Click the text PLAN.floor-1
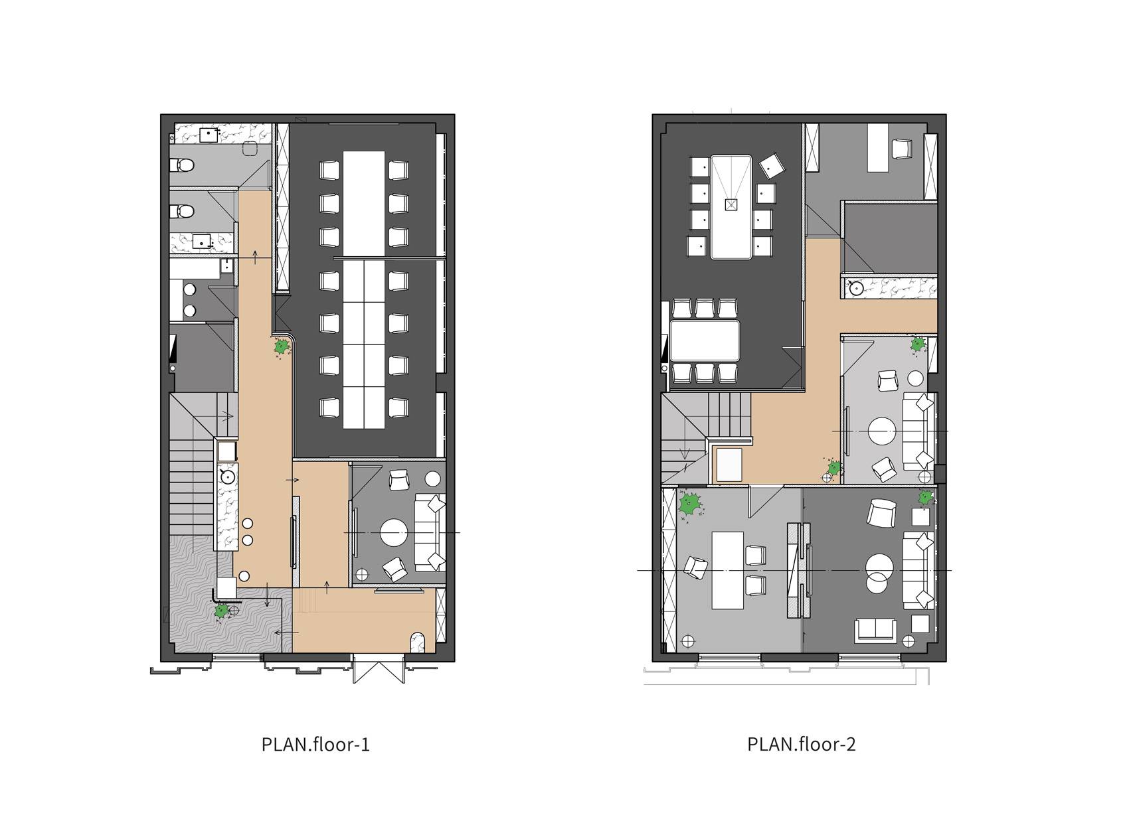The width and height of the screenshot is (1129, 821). (315, 745)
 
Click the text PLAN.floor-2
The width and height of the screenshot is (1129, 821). (802, 744)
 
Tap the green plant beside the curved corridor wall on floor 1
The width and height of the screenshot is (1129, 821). (282, 347)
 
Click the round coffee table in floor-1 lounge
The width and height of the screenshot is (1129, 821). (394, 532)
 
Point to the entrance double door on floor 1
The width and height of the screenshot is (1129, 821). (379, 669)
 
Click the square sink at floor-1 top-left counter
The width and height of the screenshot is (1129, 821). (209, 135)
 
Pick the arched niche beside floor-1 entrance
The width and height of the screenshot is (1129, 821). (418, 642)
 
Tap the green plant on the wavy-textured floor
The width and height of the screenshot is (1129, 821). (221, 611)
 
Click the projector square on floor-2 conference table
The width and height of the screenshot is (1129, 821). (731, 204)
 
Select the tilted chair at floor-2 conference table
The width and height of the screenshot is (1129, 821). (772, 165)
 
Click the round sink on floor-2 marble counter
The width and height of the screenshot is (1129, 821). (856, 288)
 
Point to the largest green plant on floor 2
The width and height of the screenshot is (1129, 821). (690, 504)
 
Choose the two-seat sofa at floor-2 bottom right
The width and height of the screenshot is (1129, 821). (875, 631)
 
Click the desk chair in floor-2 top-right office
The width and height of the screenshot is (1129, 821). (902, 149)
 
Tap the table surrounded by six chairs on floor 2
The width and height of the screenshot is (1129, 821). (705, 340)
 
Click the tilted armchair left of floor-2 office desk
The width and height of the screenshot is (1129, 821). (695, 567)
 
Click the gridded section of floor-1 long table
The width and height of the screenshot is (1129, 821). (364, 344)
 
